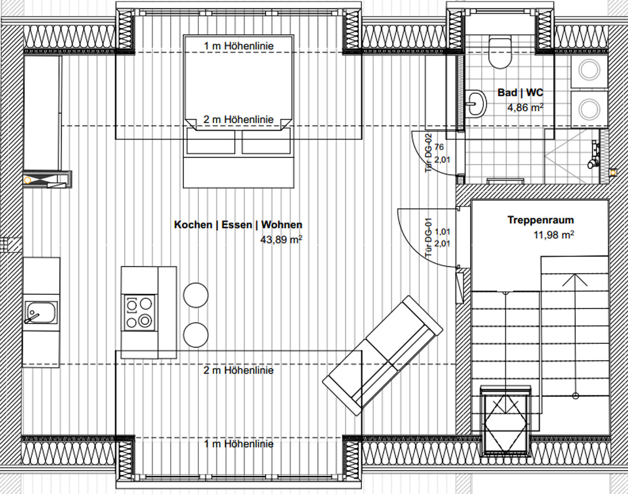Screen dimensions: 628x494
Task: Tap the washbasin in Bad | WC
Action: [x=476, y=103]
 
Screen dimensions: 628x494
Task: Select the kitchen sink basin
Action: [x=41, y=313]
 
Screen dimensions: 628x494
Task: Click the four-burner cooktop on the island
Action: [x=140, y=313]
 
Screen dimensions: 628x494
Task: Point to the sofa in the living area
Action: [x=382, y=355]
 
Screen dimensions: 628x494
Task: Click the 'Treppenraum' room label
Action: [x=540, y=220]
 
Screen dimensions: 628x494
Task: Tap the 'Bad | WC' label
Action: [x=520, y=92]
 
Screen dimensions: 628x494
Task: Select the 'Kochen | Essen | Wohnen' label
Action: [x=238, y=225]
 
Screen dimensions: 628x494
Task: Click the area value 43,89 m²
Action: [x=281, y=240]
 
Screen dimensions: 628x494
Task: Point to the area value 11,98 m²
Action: [x=554, y=235]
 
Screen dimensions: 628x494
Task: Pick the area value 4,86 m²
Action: [x=525, y=108]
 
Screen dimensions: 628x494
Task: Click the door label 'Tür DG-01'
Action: [x=428, y=238]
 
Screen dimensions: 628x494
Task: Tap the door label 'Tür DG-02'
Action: [x=428, y=153]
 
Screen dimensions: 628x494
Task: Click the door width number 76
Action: [x=439, y=147]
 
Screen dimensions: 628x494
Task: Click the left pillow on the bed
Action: [x=211, y=141]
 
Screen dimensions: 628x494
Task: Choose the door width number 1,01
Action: [x=443, y=232]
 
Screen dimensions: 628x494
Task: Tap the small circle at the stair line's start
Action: [x=575, y=396]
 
